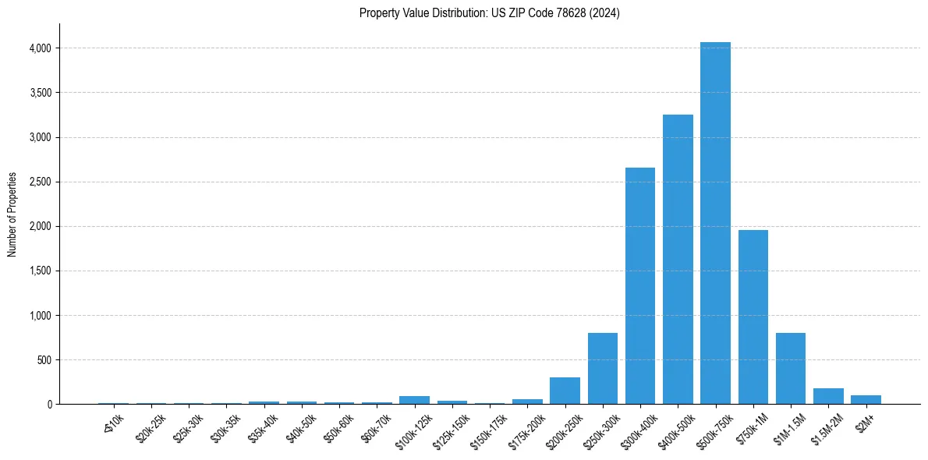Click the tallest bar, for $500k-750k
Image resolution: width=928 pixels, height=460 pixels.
(715, 226)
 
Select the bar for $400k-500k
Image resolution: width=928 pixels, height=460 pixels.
(678, 261)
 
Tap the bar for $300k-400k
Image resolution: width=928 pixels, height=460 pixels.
(640, 287)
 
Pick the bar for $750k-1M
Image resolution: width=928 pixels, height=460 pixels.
(753, 318)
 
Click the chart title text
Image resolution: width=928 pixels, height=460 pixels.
(490, 13)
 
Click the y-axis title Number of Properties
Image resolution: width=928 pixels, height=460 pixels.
(12, 214)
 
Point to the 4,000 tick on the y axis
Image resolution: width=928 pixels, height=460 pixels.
(39, 48)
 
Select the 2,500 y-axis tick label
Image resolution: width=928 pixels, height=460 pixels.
(39, 182)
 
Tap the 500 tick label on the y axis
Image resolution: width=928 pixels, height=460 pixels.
(44, 360)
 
